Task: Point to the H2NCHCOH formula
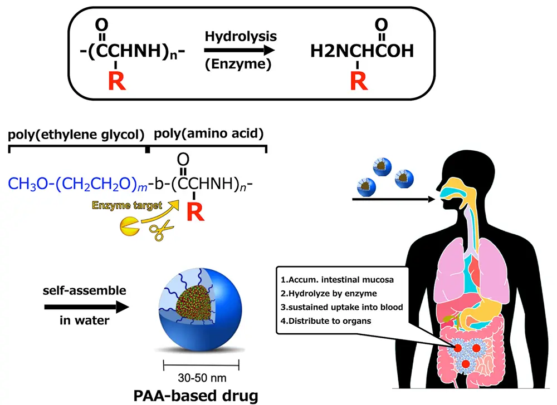point(362,52)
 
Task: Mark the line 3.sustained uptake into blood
point(340,307)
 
